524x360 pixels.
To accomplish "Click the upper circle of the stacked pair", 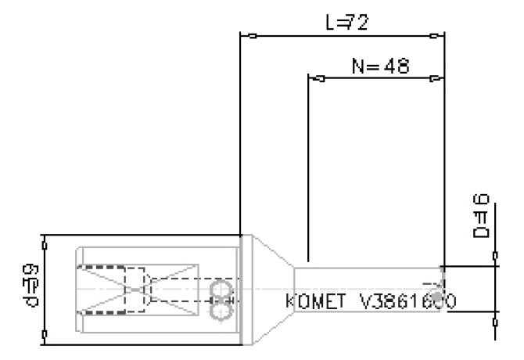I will point(221,290).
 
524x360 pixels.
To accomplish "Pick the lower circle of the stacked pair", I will point(221,311).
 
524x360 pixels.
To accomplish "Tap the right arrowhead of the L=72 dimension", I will point(435,35).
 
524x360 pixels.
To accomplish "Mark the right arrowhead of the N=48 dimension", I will point(435,78).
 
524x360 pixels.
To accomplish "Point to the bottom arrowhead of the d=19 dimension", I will point(45,334).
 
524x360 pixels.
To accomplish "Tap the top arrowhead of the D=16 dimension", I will point(495,255).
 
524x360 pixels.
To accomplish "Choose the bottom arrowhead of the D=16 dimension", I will point(495,320).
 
